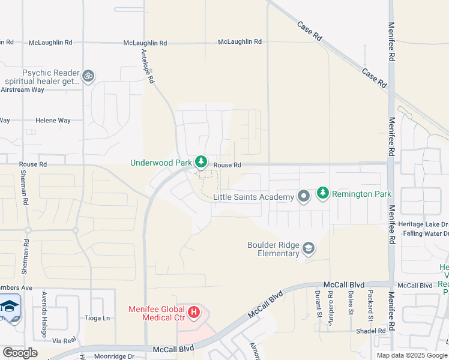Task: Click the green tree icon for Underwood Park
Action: click(x=201, y=163)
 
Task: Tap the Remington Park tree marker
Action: click(x=323, y=193)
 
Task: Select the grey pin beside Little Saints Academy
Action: click(x=304, y=196)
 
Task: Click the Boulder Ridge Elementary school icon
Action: click(x=309, y=248)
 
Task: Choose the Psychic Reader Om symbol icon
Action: click(x=88, y=76)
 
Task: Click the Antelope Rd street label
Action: click(x=148, y=65)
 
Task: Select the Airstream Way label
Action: click(x=22, y=89)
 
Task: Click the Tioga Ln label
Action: click(x=95, y=318)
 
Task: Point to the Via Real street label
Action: click(x=65, y=340)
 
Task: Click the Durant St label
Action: click(x=318, y=303)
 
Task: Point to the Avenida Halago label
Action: click(x=43, y=306)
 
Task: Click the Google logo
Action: click(x=20, y=353)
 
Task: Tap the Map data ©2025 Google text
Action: click(x=412, y=355)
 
